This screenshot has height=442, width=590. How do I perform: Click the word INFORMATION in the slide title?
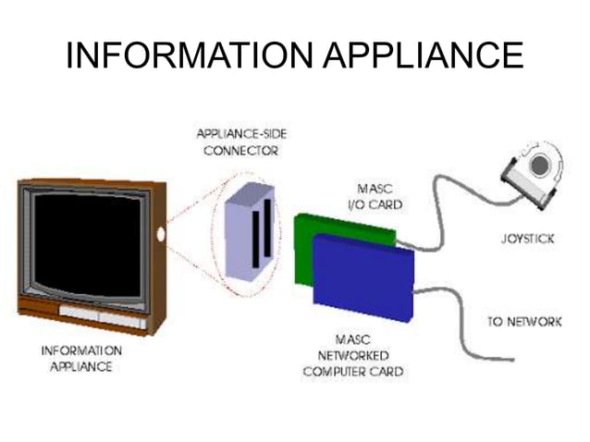tap(186, 56)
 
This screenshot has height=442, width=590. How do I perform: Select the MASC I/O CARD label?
tap(379, 196)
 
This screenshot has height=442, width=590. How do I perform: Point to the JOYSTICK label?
tap(527, 239)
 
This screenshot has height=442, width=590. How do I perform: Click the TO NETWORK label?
tap(523, 322)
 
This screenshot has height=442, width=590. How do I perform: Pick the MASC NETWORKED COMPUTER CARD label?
tap(352, 355)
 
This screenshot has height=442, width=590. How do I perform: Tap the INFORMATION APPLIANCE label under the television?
tap(81, 359)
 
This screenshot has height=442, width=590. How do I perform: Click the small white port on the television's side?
tap(162, 233)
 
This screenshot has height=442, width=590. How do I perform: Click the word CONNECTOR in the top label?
tap(243, 150)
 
